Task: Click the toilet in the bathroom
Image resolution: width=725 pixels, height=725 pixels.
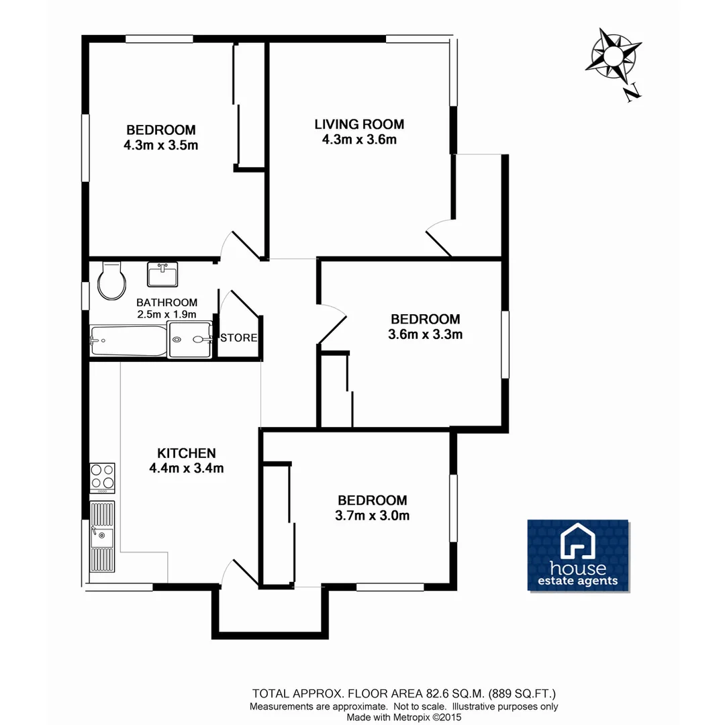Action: click(x=111, y=281)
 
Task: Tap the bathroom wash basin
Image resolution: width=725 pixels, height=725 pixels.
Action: click(x=162, y=274)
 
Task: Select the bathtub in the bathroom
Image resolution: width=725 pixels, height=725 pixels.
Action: click(x=128, y=341)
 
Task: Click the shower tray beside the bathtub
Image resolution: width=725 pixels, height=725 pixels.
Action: click(x=189, y=339)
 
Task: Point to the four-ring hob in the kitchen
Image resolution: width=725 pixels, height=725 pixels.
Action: click(x=102, y=477)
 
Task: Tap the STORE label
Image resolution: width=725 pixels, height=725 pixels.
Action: click(x=238, y=338)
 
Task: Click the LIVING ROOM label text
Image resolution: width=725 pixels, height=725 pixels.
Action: click(x=359, y=124)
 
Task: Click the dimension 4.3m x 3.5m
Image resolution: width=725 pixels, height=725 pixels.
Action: click(x=160, y=145)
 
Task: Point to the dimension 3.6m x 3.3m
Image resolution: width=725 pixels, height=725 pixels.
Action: click(x=425, y=334)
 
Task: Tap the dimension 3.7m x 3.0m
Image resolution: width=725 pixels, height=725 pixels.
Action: click(x=372, y=516)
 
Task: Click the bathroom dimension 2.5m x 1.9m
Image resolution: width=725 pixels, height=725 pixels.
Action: click(x=166, y=314)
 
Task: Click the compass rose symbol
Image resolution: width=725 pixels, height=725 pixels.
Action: click(x=613, y=54)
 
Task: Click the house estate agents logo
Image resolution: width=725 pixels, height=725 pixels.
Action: click(x=577, y=555)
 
